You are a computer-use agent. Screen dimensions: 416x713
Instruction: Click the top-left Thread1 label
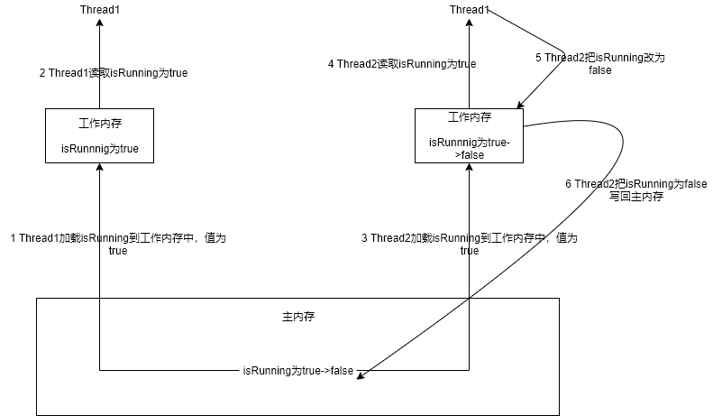[99, 10]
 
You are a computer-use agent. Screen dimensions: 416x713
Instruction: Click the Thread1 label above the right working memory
[469, 10]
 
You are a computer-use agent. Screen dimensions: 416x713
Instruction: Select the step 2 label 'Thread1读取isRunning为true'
[114, 73]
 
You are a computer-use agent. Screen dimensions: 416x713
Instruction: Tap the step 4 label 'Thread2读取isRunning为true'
[401, 64]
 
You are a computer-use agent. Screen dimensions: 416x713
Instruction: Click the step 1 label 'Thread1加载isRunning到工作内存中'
[117, 245]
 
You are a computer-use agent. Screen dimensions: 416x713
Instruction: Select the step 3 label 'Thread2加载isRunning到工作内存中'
[469, 245]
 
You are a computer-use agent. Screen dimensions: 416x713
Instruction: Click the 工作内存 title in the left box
[99, 125]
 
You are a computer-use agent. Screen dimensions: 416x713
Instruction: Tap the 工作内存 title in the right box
[469, 117]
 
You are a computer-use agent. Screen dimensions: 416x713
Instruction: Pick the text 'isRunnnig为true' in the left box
[99, 149]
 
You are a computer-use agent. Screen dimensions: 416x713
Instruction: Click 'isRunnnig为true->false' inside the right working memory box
[469, 148]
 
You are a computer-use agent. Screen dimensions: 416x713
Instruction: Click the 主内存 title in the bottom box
[298, 318]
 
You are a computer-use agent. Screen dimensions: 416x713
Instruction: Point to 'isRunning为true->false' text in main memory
[298, 370]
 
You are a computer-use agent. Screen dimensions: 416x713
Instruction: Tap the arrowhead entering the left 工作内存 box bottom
[99, 168]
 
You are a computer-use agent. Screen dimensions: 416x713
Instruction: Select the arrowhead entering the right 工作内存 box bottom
[469, 168]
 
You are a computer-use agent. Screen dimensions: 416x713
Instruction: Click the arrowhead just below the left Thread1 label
[99, 23]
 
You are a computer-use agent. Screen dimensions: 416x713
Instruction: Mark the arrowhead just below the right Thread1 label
[469, 23]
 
